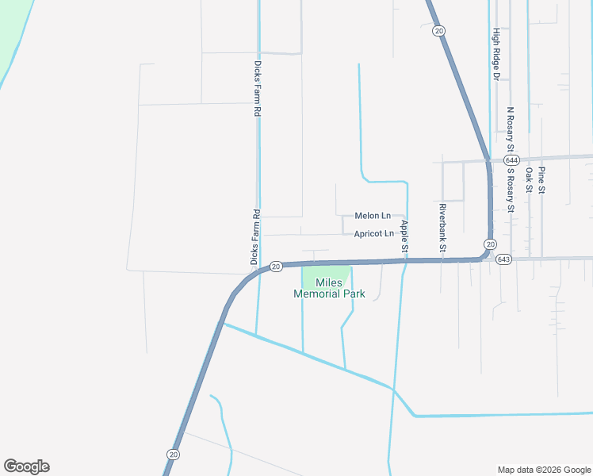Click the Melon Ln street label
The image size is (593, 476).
click(373, 216)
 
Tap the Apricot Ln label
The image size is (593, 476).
click(373, 234)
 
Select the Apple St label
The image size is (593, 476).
click(404, 237)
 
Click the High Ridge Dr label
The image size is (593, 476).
click(496, 55)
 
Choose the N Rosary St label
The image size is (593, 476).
click(511, 130)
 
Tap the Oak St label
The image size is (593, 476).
click(528, 178)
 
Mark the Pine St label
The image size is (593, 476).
click(542, 182)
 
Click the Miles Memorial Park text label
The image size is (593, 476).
click(329, 288)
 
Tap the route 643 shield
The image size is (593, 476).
click(504, 259)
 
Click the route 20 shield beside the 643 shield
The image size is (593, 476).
click(491, 244)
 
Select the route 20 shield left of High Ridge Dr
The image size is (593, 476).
click(439, 30)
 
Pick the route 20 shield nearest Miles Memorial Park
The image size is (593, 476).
click(276, 267)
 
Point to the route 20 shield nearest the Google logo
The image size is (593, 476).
click(173, 454)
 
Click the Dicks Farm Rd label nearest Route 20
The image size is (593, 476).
click(254, 236)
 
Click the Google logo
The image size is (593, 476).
click(26, 466)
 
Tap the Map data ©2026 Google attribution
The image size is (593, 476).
click(543, 469)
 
